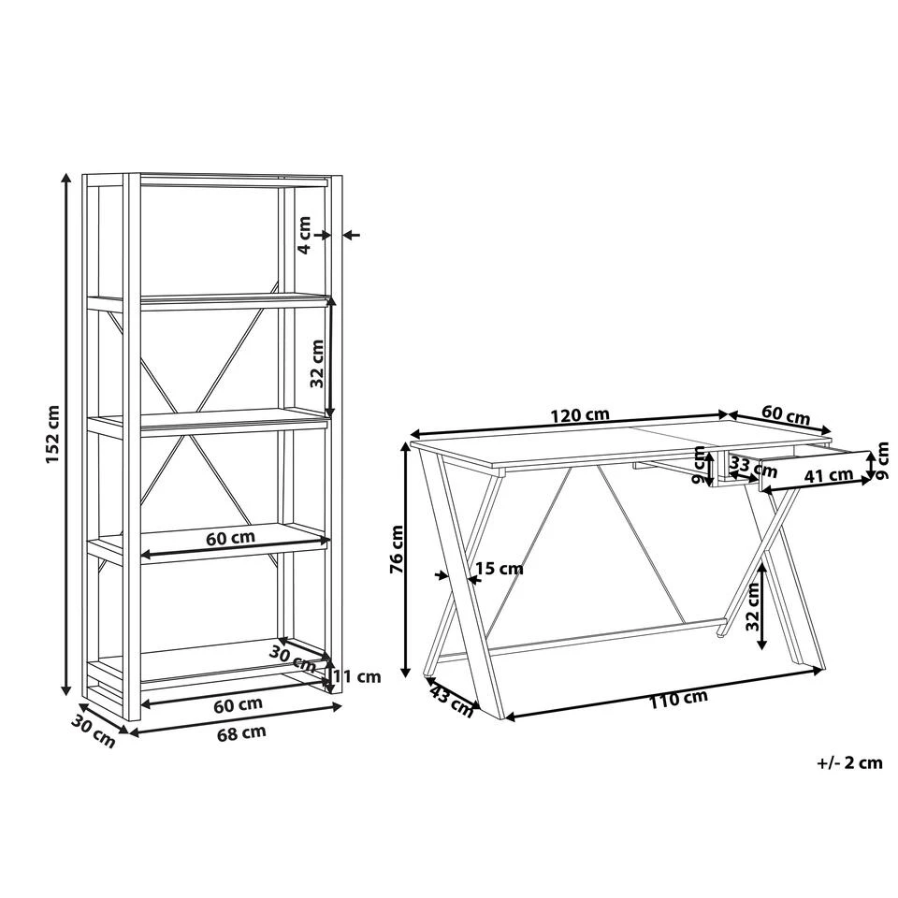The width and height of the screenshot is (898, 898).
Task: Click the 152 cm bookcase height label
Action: tap(52, 434)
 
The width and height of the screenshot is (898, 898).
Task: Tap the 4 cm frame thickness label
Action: tap(304, 235)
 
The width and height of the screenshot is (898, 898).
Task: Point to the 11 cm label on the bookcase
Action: tap(357, 676)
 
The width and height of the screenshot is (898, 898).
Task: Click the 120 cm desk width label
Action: tap(580, 414)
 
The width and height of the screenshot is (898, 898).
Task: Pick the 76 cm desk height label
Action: tap(397, 549)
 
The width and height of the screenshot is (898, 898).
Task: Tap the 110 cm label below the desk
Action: tap(678, 699)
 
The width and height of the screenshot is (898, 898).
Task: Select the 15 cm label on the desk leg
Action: tap(500, 569)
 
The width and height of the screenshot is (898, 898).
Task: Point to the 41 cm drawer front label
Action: tap(828, 475)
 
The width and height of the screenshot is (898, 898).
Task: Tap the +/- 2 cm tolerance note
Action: tap(849, 763)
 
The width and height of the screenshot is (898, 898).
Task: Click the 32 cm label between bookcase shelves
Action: tap(317, 364)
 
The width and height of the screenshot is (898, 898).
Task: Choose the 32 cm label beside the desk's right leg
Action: tap(752, 607)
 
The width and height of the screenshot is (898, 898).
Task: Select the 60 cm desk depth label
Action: tap(786, 414)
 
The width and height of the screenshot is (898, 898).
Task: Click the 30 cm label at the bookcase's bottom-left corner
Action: tap(93, 731)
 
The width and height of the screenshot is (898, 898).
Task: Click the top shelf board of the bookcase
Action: tap(235, 181)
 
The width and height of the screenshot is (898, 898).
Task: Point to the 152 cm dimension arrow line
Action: tap(67, 434)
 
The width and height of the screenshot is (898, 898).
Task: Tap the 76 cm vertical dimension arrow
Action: tap(406, 560)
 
